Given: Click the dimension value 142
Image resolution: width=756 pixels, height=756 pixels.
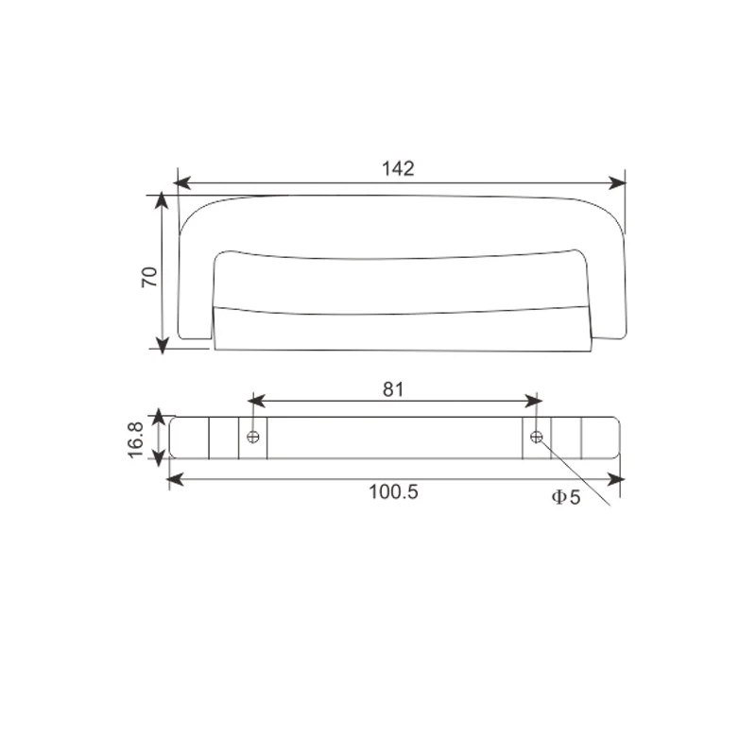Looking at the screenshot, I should click(x=398, y=168).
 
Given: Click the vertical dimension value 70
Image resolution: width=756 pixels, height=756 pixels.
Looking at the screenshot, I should click(x=148, y=276).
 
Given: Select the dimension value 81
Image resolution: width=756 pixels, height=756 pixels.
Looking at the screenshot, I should click(x=394, y=387).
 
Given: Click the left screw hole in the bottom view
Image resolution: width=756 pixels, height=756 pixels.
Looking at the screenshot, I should click(x=252, y=437).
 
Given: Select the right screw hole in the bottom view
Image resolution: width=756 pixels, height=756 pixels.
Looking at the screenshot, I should click(x=537, y=437).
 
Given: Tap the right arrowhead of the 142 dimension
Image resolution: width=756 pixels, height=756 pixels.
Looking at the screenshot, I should click(x=618, y=181).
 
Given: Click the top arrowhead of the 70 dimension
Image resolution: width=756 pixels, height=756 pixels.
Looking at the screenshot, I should click(x=163, y=201).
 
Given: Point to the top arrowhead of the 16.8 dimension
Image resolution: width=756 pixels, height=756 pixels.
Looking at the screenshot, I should click(x=159, y=415).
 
